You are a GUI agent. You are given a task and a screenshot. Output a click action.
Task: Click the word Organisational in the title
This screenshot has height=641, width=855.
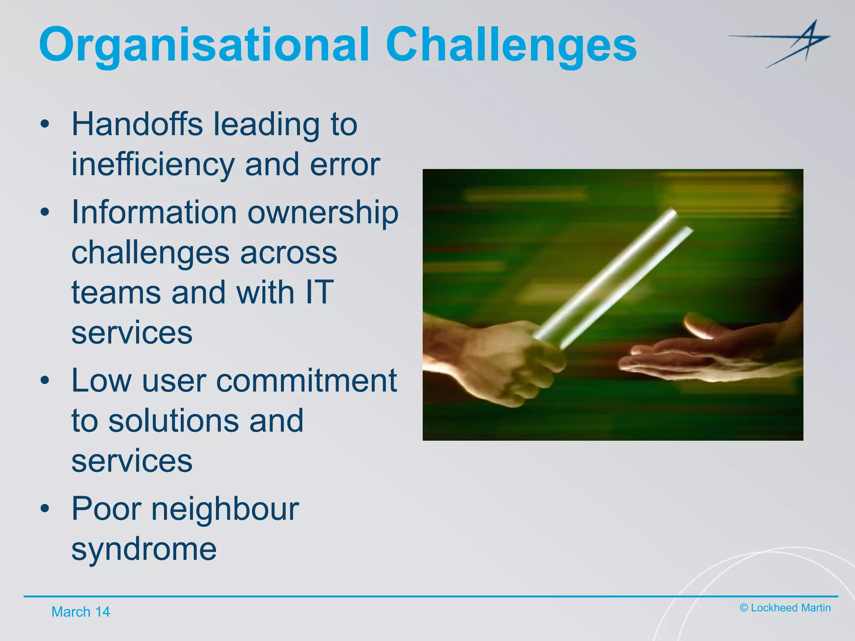[x=204, y=45]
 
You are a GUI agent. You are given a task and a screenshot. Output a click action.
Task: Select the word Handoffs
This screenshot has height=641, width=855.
[x=137, y=124]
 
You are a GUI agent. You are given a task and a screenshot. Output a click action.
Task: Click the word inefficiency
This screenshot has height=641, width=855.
[x=153, y=164]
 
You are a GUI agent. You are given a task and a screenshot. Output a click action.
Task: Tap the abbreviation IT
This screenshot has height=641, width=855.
[x=320, y=292]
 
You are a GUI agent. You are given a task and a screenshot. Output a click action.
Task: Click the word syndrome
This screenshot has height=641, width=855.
[x=144, y=549]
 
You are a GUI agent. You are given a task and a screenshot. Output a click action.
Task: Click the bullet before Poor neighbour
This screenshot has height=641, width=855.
[x=45, y=509]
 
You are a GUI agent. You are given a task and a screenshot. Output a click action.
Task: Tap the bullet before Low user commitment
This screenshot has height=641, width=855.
[x=45, y=381]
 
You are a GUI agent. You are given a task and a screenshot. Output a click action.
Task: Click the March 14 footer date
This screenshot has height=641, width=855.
[x=81, y=612]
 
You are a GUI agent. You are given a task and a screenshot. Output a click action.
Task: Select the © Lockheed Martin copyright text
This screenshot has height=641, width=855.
[x=785, y=608]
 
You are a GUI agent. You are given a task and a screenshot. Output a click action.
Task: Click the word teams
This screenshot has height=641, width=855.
[x=116, y=292]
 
